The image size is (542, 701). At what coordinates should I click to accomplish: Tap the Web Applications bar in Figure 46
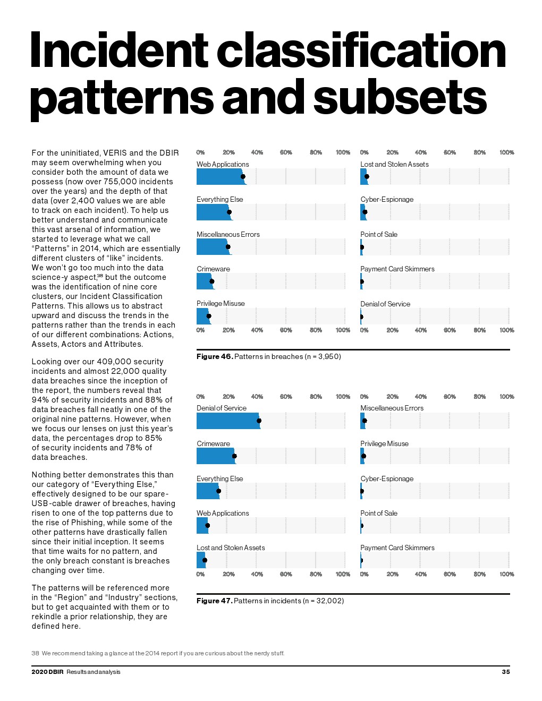click(x=221, y=177)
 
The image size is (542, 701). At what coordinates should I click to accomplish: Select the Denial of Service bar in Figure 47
click(x=227, y=421)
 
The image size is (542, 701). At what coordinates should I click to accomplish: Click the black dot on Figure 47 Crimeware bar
click(x=234, y=456)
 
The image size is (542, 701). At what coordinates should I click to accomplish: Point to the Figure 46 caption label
click(x=215, y=356)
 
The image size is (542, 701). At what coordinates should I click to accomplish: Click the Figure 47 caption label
click(x=215, y=601)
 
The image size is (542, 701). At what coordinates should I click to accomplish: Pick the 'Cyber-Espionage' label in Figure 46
click(x=387, y=200)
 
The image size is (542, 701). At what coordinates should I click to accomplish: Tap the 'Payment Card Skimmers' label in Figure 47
click(x=397, y=548)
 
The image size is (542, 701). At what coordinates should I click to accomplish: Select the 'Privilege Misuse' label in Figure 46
click(x=221, y=304)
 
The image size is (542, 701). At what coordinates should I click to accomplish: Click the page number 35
click(x=506, y=672)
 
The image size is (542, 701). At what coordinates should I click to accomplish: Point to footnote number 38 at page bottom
click(x=35, y=653)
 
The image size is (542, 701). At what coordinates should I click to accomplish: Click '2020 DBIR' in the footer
click(x=47, y=672)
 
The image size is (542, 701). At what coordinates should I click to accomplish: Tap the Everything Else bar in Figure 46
click(x=213, y=212)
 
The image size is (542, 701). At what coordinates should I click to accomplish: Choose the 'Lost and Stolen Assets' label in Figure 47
click(x=231, y=548)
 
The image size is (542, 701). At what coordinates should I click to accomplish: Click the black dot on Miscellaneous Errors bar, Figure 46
click(x=228, y=247)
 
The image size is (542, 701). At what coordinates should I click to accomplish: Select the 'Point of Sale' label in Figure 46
click(x=379, y=235)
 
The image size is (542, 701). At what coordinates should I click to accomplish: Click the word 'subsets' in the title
click(x=400, y=98)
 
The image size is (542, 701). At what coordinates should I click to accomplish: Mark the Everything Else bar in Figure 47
click(x=207, y=491)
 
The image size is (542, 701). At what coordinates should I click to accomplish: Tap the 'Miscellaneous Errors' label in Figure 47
click(x=392, y=408)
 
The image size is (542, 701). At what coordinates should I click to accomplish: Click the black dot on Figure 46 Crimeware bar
click(x=212, y=281)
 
